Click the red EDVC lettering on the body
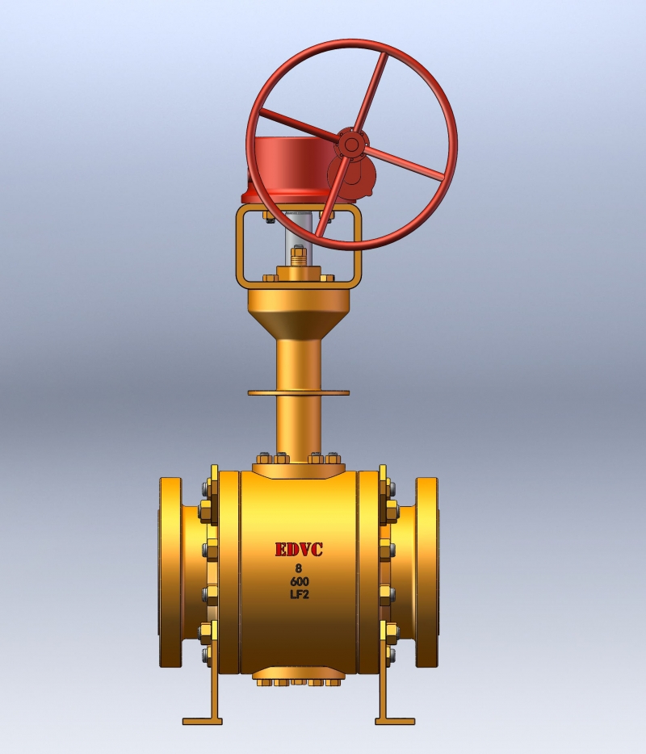(x=299, y=550)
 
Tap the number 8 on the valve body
(x=299, y=568)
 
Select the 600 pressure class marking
(x=299, y=581)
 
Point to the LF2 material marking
(x=299, y=595)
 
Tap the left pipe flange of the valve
(x=170, y=573)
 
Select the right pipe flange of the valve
(x=427, y=573)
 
